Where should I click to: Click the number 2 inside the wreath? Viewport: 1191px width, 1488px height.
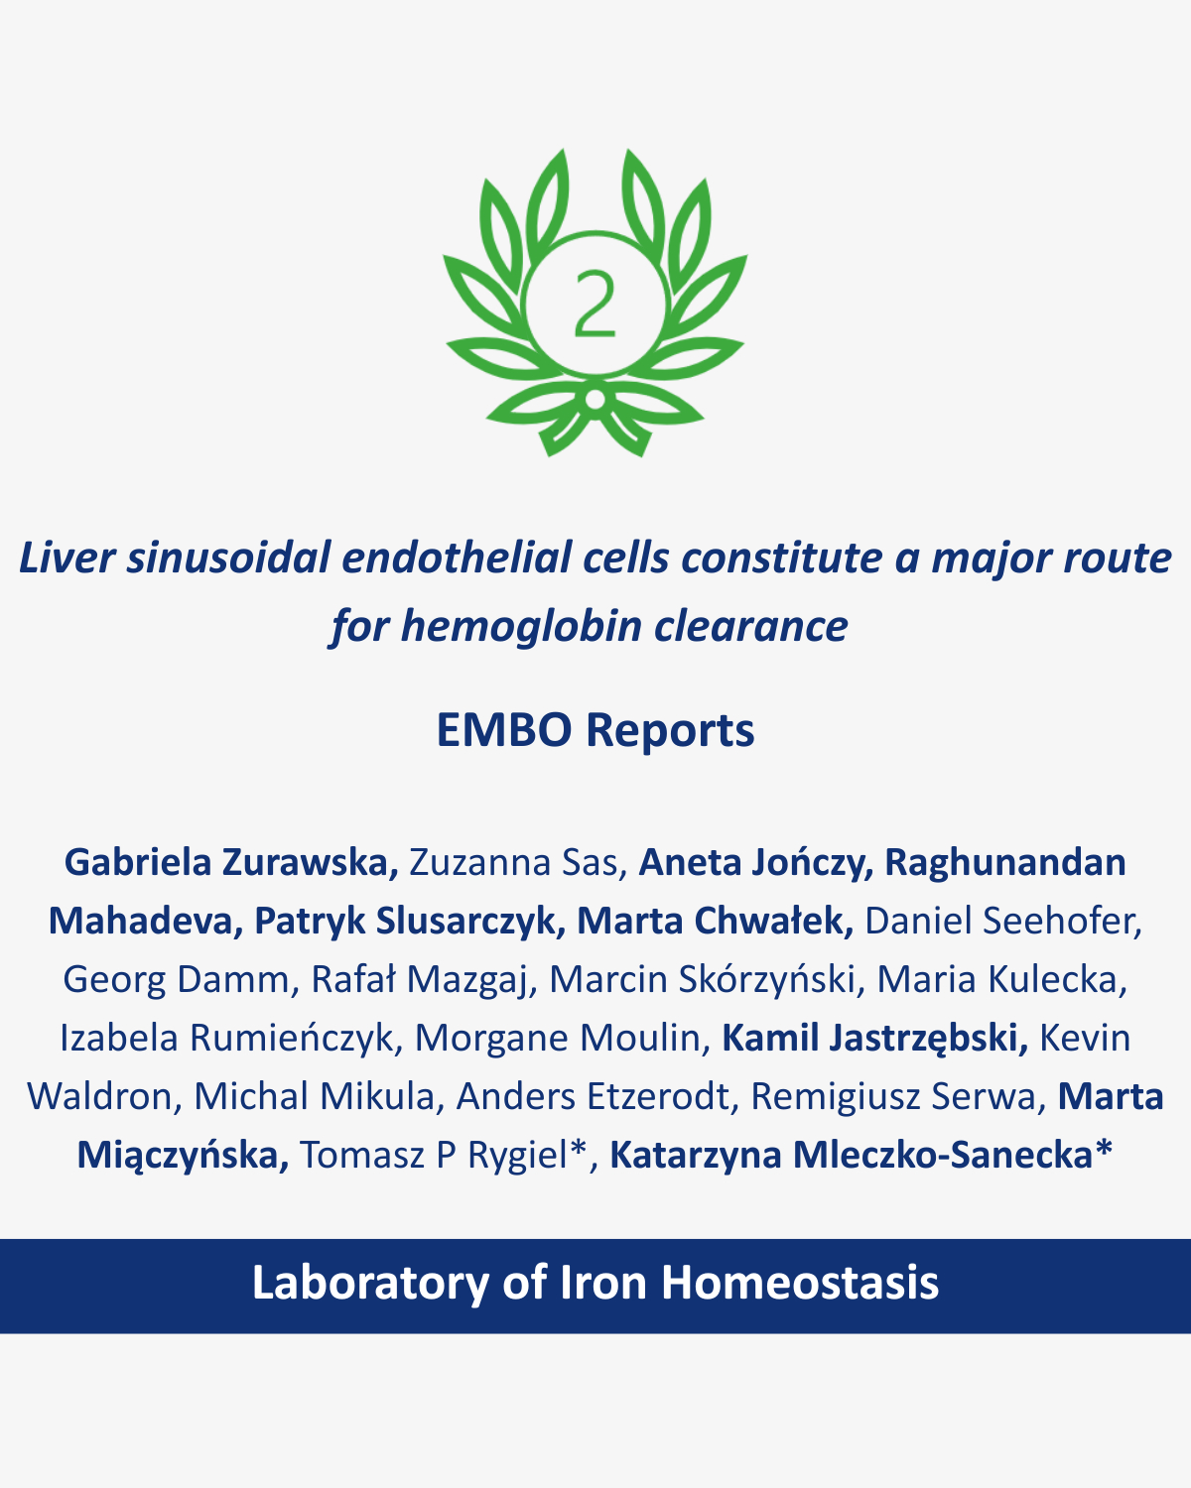click(x=595, y=305)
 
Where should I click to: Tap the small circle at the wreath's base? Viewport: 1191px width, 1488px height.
click(x=595, y=399)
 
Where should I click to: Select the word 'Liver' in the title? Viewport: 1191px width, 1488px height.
click(x=66, y=558)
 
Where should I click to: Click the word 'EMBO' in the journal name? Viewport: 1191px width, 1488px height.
click(x=504, y=730)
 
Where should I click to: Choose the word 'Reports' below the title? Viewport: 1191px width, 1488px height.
click(x=670, y=731)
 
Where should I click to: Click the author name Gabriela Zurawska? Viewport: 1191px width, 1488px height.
click(x=231, y=863)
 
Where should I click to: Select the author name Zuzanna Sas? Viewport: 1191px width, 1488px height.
click(x=518, y=863)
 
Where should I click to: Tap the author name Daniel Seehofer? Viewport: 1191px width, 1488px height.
click(x=1002, y=921)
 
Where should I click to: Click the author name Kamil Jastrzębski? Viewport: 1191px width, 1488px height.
click(x=874, y=1039)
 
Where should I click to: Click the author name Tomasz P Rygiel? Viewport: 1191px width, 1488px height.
click(x=443, y=1156)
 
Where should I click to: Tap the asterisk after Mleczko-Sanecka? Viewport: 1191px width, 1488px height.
click(x=1104, y=1148)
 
